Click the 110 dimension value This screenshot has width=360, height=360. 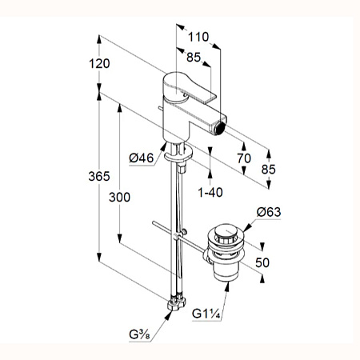(198, 37)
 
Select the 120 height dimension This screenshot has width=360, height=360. (99, 64)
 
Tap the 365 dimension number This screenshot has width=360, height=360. (99, 176)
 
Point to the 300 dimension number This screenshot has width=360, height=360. (119, 198)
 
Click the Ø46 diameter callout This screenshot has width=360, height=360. (142, 158)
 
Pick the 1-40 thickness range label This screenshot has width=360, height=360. (210, 192)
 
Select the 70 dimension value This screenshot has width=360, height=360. (244, 158)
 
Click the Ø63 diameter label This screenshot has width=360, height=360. (269, 212)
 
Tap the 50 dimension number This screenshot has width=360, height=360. (262, 262)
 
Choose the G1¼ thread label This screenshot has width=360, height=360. (206, 314)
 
